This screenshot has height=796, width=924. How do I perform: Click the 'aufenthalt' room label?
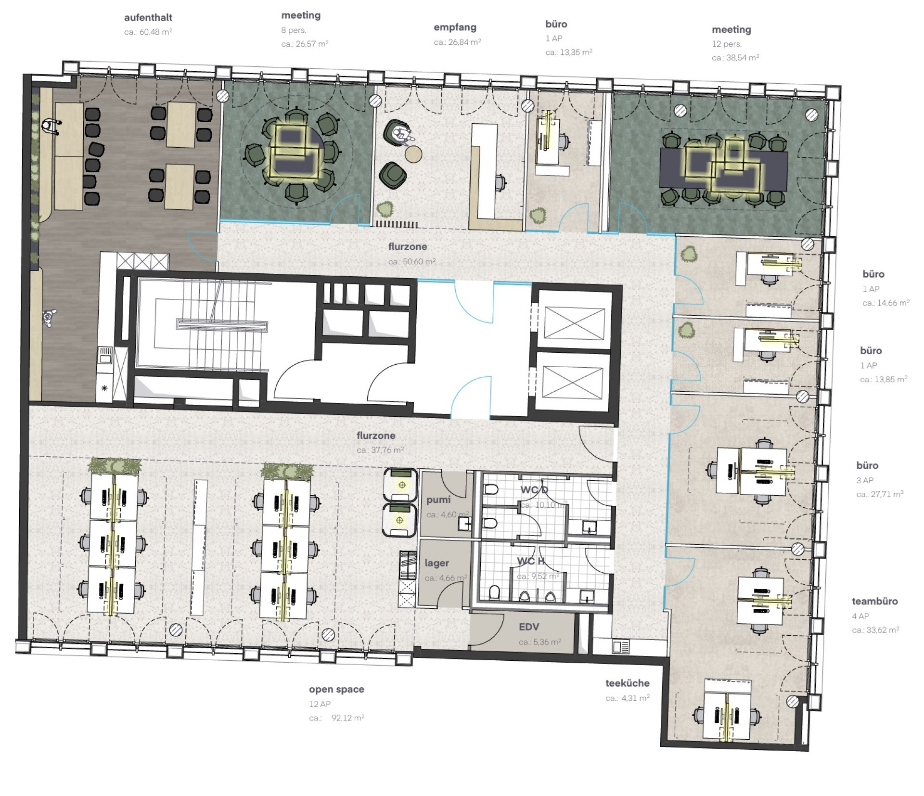(148, 18)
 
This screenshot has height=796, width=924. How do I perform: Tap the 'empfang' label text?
(455, 27)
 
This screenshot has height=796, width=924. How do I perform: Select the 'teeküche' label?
(628, 683)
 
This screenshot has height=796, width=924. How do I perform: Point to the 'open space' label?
(336, 690)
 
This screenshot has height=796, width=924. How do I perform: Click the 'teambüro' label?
(875, 601)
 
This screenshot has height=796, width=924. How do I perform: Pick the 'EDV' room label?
(529, 627)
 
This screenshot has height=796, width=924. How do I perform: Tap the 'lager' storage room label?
(436, 563)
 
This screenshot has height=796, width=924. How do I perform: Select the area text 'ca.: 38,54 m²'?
(735, 58)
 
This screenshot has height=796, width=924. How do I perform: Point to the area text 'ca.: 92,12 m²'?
(336, 718)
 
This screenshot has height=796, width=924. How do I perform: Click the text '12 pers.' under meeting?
(727, 44)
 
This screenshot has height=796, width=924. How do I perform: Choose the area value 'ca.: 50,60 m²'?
(412, 261)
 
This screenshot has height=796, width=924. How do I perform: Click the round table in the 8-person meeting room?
(296, 152)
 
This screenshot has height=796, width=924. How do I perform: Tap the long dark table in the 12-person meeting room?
(724, 168)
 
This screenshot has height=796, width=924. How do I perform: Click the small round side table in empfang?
(413, 154)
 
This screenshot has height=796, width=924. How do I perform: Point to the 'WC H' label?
(531, 561)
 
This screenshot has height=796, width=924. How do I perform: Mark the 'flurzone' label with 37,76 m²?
(376, 436)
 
